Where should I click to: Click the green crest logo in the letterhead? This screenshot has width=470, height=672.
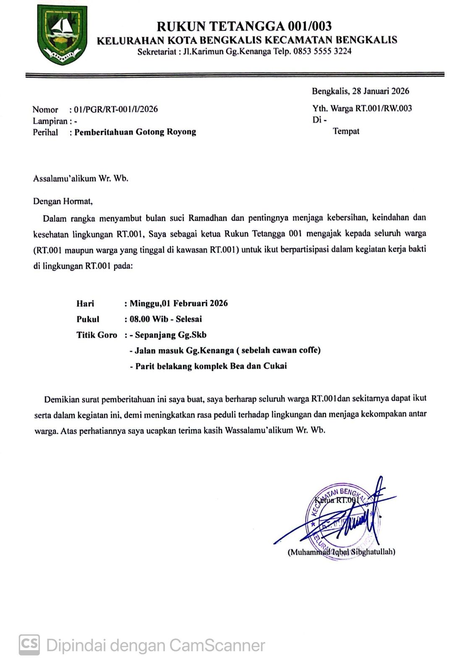pos(62,34)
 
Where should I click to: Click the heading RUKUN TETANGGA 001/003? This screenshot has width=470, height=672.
pos(244,26)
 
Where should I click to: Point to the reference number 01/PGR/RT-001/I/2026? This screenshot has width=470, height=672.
pos(116,109)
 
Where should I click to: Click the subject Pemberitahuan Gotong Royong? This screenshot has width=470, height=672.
pos(135,132)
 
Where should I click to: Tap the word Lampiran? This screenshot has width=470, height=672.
pos(50,121)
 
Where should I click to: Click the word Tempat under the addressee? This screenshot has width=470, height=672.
pos(346,131)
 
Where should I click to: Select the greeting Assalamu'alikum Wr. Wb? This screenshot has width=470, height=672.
pos(81,178)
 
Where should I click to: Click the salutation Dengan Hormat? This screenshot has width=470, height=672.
pos(63,201)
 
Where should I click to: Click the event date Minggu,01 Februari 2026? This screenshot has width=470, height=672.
pos(178,303)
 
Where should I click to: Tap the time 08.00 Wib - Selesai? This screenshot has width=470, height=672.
pos(165,319)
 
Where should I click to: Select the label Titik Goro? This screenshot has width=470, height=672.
pos(97,335)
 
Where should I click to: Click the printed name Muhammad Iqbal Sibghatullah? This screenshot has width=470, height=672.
pos(341,552)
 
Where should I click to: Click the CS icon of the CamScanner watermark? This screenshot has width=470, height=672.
pos(29,644)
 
